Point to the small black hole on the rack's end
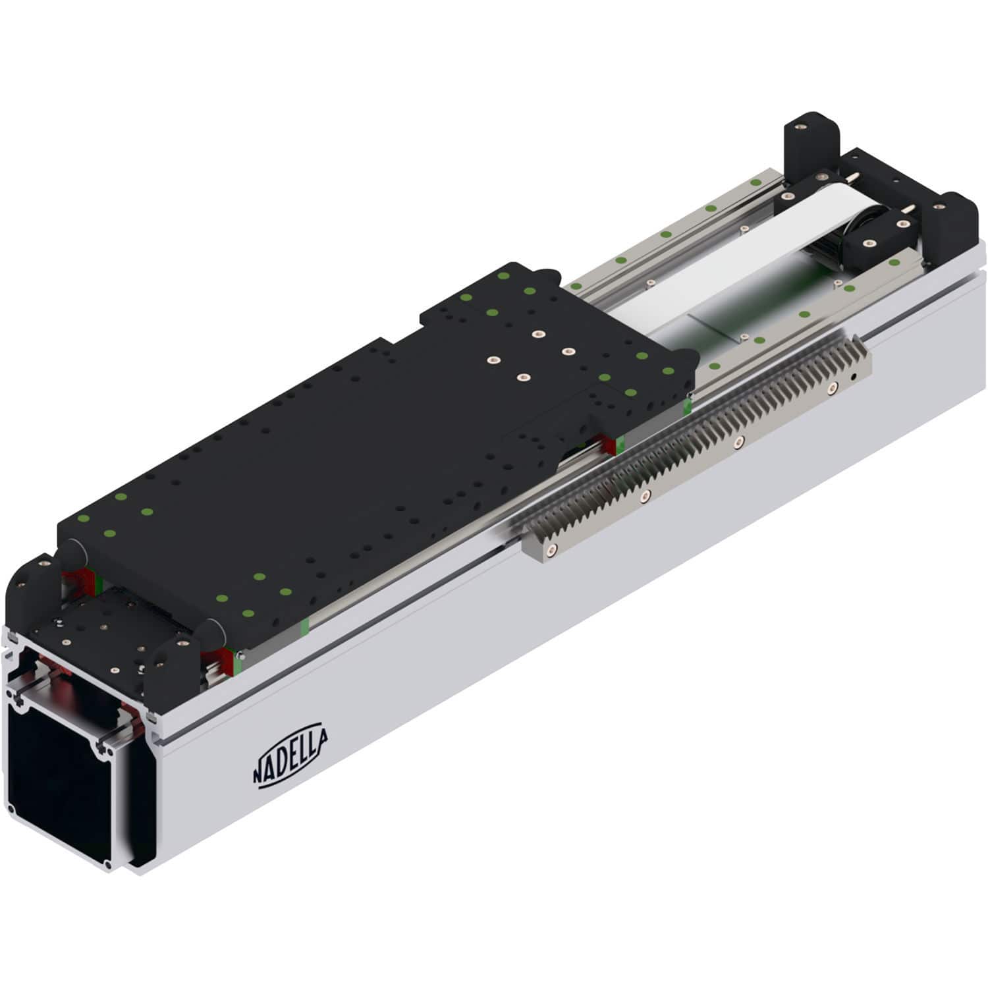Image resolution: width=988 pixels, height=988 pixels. pos(853,378)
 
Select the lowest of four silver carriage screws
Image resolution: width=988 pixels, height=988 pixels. pos(523,377)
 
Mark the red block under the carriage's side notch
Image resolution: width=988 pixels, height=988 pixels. pos(607,444)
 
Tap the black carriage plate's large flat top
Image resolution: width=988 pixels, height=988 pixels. pos(329,474)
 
